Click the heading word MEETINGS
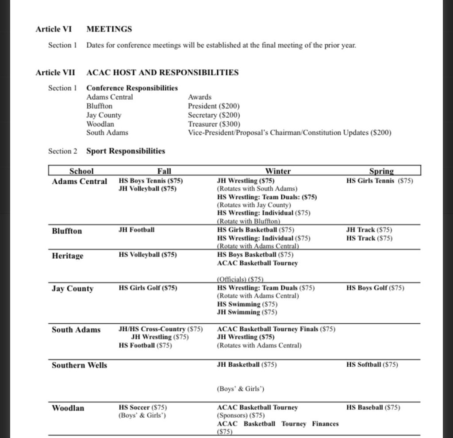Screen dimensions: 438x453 (109, 29)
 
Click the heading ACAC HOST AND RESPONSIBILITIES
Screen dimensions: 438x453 (162, 72)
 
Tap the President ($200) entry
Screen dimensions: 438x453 (209, 106)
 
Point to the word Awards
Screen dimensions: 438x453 (200, 97)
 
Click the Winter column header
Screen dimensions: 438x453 (278, 171)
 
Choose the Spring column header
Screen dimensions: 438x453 (381, 171)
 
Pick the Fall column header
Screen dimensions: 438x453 (164, 171)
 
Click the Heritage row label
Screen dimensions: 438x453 (67, 256)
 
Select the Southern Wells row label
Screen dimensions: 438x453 (79, 365)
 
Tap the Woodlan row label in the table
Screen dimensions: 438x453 (68, 408)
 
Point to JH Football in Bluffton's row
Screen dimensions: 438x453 (137, 230)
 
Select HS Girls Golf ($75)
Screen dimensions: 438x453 (148, 288)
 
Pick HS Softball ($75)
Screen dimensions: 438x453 (372, 365)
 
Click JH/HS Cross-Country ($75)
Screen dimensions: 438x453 (161, 329)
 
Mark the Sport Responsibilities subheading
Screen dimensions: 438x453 (126, 151)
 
